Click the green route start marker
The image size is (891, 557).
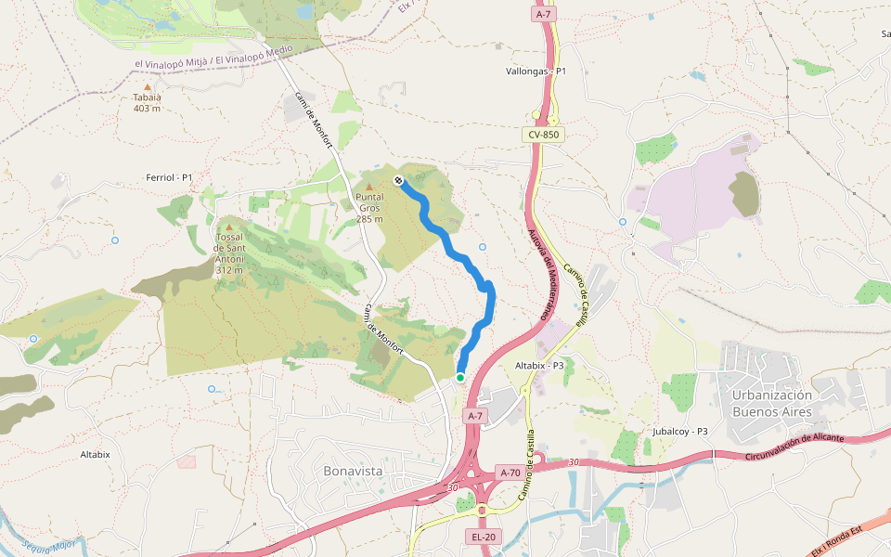tap(459, 378)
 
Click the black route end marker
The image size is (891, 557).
tap(398, 180)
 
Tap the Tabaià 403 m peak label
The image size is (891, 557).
tap(147, 102)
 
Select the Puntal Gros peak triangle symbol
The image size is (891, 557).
tap(368, 187)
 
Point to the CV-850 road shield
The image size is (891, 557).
tap(543, 135)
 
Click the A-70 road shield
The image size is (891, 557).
tap(510, 473)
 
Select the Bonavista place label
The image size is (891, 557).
tap(353, 472)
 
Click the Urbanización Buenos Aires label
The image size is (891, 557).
tap(771, 403)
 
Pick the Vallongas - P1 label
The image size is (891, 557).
tap(536, 71)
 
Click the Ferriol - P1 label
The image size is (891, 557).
tap(169, 177)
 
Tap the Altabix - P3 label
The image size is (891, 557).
tap(539, 366)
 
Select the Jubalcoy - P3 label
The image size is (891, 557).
tap(679, 432)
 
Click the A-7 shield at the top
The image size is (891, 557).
tap(543, 15)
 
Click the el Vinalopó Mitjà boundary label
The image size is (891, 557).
tap(213, 58)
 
